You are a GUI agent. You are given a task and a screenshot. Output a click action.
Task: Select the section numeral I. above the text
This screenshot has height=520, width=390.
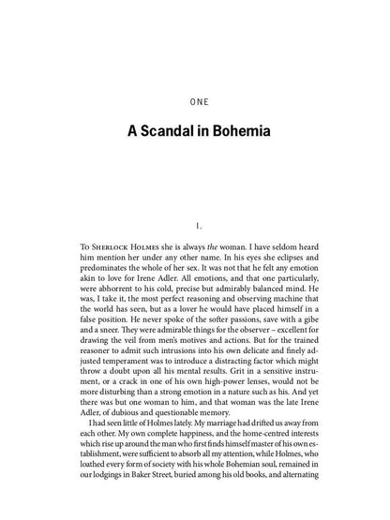coord(195,226)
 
